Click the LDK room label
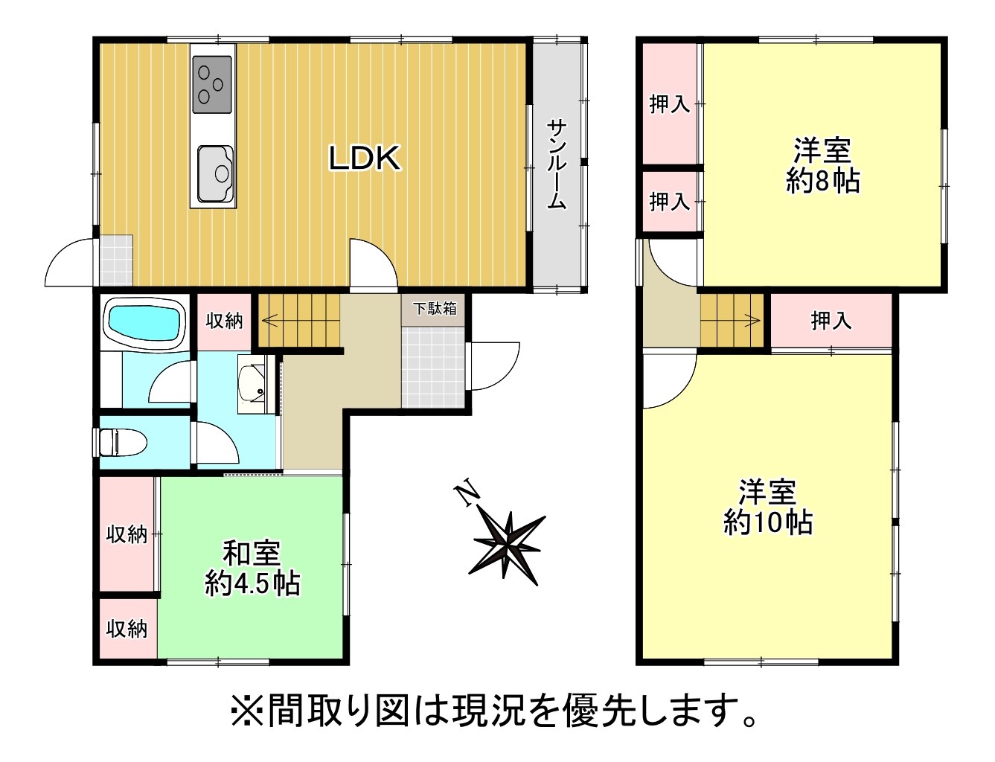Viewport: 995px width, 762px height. [365, 159]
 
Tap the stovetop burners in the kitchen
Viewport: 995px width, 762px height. [211, 84]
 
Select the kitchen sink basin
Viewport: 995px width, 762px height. [215, 173]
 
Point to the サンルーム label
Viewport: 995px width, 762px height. [557, 164]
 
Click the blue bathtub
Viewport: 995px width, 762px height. [144, 323]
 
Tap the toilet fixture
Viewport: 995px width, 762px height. [120, 442]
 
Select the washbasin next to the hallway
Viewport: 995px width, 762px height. [252, 383]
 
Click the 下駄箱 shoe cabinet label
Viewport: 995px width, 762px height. [435, 309]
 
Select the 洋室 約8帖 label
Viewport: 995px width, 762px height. [822, 166]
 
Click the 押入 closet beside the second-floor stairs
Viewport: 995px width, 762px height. [831, 321]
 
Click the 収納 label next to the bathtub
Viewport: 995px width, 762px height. [224, 321]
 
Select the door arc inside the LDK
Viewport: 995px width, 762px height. [373, 262]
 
